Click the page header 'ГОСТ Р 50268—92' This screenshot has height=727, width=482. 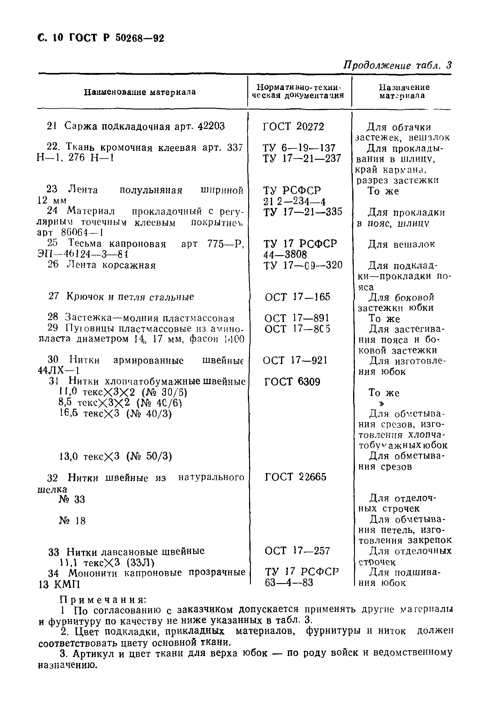click(x=117, y=38)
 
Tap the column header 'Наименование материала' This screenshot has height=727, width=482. click(x=140, y=92)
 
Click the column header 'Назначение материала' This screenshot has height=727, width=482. click(x=404, y=91)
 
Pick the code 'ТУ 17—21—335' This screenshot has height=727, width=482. click(x=303, y=212)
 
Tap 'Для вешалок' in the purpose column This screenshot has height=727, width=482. click(x=402, y=244)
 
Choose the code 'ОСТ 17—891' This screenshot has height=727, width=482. click(x=297, y=318)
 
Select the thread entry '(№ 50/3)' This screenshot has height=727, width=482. click(x=149, y=457)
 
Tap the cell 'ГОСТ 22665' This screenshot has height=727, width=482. click(x=295, y=477)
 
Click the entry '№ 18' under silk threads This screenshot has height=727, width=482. click(x=72, y=521)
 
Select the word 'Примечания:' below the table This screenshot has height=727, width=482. click(x=103, y=600)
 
